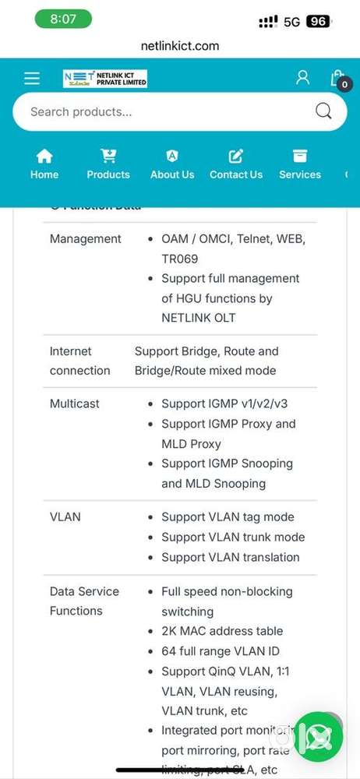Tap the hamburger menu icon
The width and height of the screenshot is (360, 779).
[31, 78]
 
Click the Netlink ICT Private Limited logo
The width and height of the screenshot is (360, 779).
[105, 78]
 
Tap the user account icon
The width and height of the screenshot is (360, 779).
[302, 78]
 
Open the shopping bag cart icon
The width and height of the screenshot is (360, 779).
[337, 78]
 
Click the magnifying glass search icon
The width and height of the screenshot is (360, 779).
[323, 111]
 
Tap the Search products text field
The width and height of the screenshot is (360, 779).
[156, 111]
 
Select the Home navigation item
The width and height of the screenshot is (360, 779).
[44, 164]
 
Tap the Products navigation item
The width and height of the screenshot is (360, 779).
[108, 164]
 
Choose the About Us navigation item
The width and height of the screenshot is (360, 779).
[172, 164]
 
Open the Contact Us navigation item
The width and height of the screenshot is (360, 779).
[236, 164]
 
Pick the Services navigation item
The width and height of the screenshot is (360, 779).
[300, 164]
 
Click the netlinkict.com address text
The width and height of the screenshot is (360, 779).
[180, 46]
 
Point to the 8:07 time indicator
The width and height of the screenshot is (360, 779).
[63, 19]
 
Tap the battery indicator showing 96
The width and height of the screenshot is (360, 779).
[317, 22]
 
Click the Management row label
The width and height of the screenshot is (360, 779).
[86, 239]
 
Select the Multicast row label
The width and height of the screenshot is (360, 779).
[75, 404]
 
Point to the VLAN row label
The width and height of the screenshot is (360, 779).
[65, 516]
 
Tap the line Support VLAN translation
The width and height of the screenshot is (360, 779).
[230, 557]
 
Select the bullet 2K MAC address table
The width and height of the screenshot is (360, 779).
[222, 631]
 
